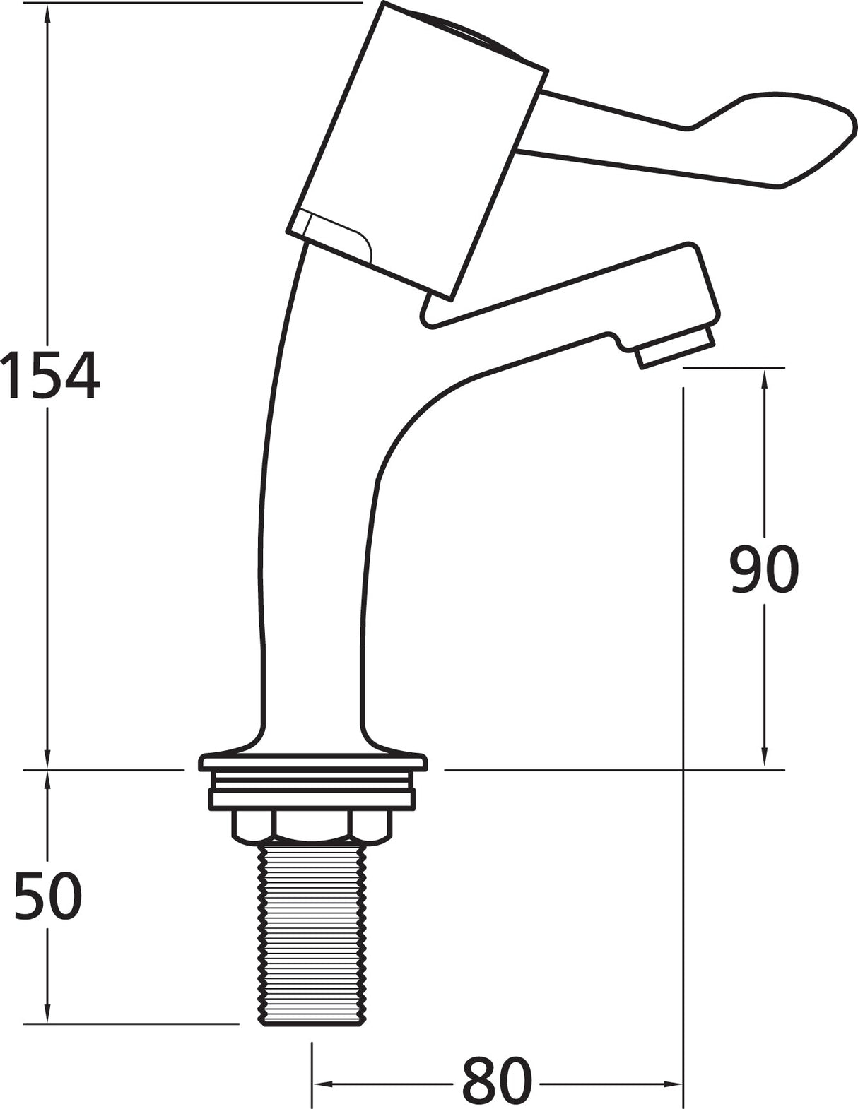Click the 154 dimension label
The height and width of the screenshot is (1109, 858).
click(49, 376)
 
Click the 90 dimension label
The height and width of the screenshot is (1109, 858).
click(763, 569)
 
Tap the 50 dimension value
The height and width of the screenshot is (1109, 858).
click(48, 896)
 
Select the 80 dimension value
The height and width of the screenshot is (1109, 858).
click(496, 1081)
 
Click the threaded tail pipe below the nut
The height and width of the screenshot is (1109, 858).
click(313, 932)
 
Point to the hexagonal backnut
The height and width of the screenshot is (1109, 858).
click(312, 827)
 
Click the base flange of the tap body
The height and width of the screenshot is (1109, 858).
click(313, 761)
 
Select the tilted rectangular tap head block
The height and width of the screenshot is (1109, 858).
click(417, 148)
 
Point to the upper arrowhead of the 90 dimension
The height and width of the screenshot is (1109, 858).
click(764, 377)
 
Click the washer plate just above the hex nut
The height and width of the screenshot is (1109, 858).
click(312, 799)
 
